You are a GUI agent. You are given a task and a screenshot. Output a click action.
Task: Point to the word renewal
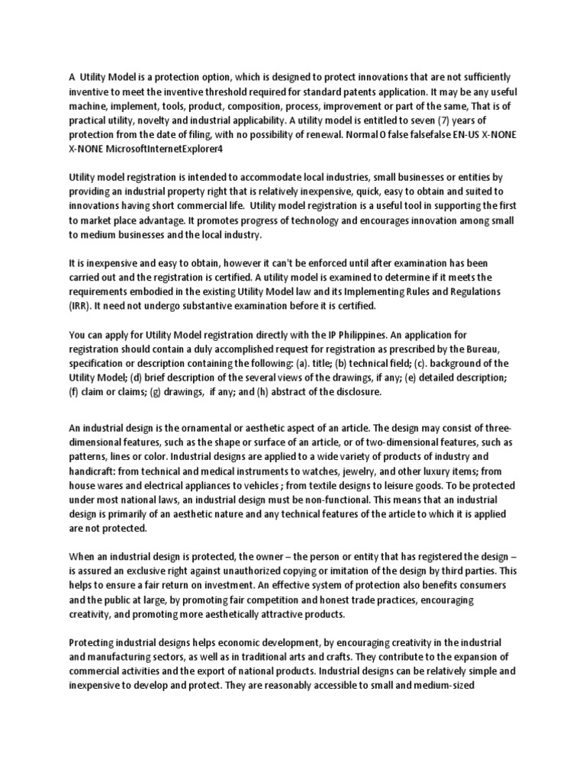[287, 134]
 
